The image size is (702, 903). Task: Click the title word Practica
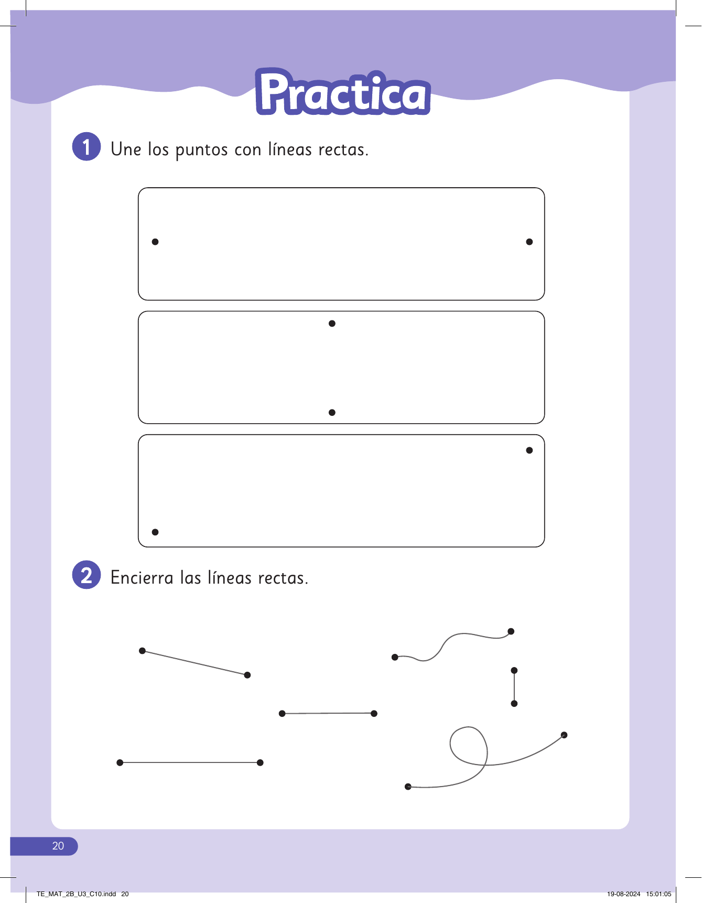(x=343, y=92)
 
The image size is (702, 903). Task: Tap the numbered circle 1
(x=87, y=146)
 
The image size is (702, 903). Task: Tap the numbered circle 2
(x=87, y=575)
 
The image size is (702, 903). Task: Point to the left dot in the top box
(x=155, y=242)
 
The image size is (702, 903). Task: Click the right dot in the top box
(x=530, y=242)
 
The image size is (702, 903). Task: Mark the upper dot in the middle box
(x=332, y=324)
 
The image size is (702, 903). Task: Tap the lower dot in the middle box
(x=332, y=413)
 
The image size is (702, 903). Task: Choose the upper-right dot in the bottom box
(x=530, y=450)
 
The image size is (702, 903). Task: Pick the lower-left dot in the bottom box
(x=155, y=532)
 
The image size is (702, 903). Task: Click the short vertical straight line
(x=514, y=687)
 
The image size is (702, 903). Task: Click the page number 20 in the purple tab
(x=58, y=846)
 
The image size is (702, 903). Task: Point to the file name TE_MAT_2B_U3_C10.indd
(x=77, y=894)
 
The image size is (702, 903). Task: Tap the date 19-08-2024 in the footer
(x=624, y=894)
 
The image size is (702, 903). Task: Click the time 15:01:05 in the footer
(x=659, y=894)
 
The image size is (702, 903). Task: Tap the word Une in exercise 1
(x=126, y=149)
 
